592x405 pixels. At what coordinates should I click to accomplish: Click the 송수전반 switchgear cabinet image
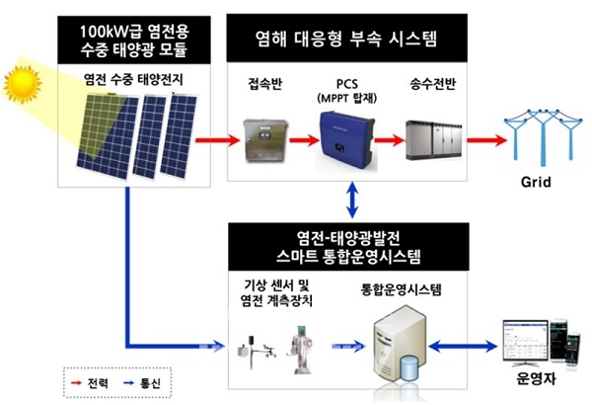point(435,138)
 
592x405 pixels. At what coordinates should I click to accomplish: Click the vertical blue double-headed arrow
point(352,202)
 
